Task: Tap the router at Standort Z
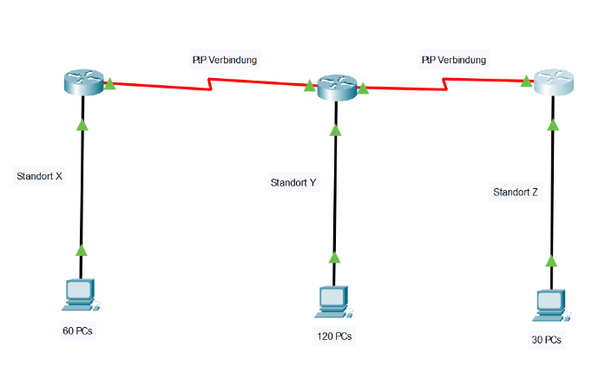coord(554,83)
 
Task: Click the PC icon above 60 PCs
coord(80,295)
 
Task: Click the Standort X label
coord(40,176)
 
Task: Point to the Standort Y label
coord(293,183)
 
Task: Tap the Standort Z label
coord(516,193)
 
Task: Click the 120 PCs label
coord(334,336)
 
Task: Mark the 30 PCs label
coord(546,340)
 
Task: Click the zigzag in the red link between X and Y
coord(210,85)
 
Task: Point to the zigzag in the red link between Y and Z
coord(445,83)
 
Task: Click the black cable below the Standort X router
coord(82,191)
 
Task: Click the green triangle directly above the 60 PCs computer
coord(82,251)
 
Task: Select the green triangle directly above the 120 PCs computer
coord(335,258)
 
